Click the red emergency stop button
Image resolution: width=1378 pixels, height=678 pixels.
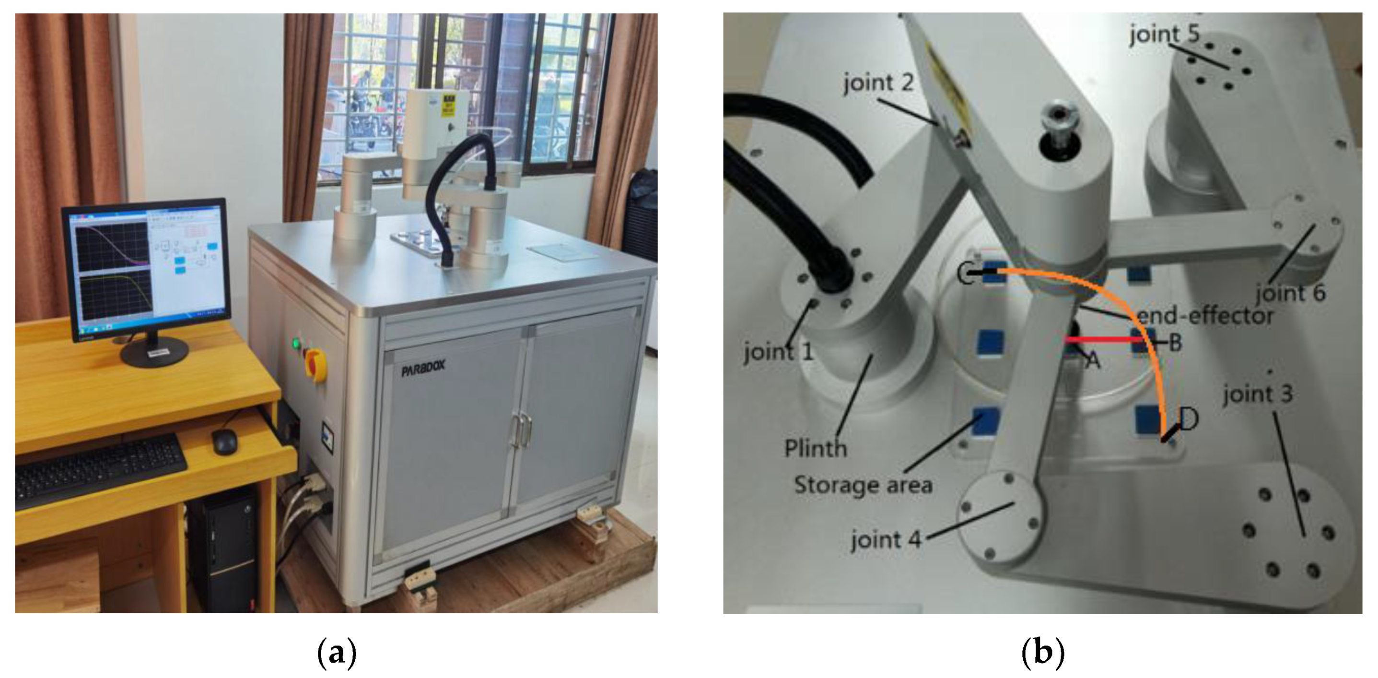pos(315,364)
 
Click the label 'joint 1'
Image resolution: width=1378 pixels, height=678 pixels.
pos(778,352)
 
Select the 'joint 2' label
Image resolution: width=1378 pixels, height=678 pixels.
pos(878,83)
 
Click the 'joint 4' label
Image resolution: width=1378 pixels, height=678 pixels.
pos(886,539)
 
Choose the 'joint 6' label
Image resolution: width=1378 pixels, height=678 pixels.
pos(1290,292)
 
